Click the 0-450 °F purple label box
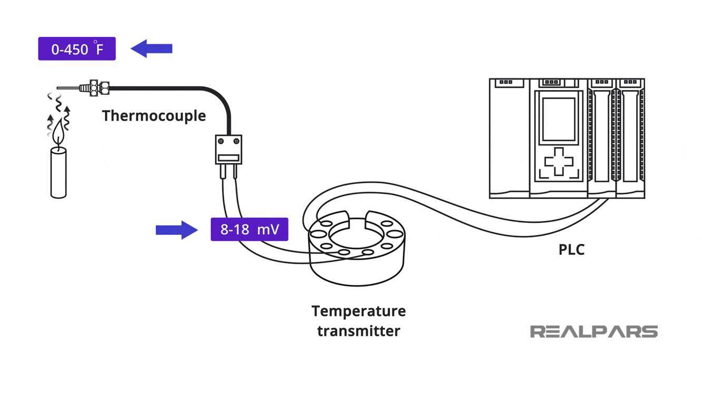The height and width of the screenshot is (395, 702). tap(77, 48)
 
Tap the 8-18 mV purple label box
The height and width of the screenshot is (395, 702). tap(250, 229)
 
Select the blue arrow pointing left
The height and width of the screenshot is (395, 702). tap(151, 48)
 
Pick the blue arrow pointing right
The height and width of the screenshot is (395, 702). tap(177, 230)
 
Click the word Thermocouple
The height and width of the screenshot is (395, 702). tap(154, 116)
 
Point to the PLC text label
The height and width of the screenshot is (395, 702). tap(571, 250)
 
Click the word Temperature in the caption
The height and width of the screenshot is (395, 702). tap(359, 311)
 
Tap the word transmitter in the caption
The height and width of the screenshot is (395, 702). tap(359, 331)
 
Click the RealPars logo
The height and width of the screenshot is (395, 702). tap(594, 332)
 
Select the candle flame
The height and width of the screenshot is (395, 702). tap(58, 133)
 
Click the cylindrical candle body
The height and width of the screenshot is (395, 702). tap(58, 173)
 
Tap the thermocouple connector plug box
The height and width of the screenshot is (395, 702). tap(229, 150)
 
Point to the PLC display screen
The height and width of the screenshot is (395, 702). tap(559, 119)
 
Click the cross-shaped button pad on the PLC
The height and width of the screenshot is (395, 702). tap(559, 162)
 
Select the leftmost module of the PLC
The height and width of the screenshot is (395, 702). tap(509, 138)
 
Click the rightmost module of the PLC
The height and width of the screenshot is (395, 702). tap(630, 138)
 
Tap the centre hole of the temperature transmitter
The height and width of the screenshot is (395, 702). tap(357, 234)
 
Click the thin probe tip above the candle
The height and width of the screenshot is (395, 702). tap(68, 88)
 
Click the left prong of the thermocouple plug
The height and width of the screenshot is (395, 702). tap(223, 172)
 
